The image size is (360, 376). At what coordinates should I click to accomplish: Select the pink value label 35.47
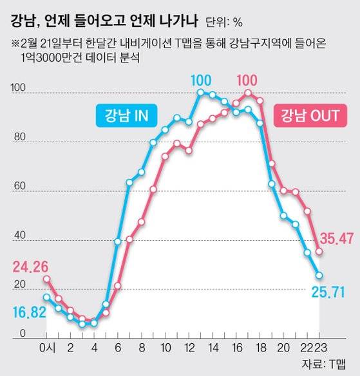tap(337, 239)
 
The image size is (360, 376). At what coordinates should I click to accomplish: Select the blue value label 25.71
tap(337, 293)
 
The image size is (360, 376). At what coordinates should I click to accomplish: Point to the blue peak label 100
tap(201, 80)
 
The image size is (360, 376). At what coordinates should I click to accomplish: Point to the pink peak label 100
tap(247, 80)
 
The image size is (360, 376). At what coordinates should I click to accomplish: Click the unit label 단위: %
tap(224, 23)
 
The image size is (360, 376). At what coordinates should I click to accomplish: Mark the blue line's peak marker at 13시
tap(201, 93)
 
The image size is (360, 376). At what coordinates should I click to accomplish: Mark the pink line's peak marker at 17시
tap(248, 93)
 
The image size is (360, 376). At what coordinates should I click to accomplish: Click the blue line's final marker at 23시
tap(319, 276)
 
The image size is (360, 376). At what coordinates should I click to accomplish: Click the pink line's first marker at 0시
tap(47, 279)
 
